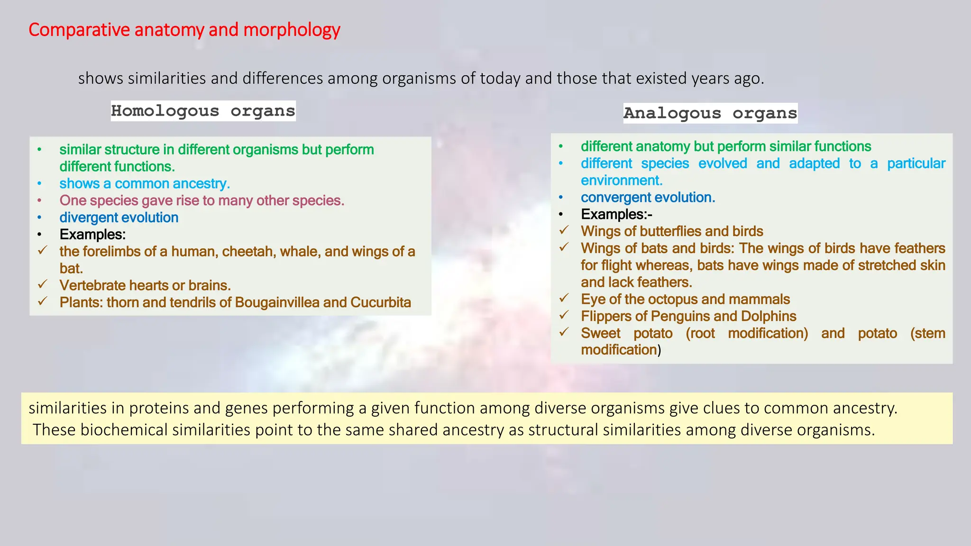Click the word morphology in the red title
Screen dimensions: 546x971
[292, 30]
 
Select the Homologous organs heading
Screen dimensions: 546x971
[203, 111]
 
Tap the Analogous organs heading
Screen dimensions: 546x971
[710, 113]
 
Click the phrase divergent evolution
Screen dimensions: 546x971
[119, 218]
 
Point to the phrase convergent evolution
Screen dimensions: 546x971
[648, 197]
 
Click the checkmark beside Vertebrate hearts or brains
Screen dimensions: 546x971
[43, 284]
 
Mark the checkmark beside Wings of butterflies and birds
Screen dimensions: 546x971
[564, 230]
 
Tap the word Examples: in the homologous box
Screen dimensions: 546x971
[92, 235]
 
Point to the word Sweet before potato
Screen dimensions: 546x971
[600, 333]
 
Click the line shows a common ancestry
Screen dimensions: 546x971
[144, 183]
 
